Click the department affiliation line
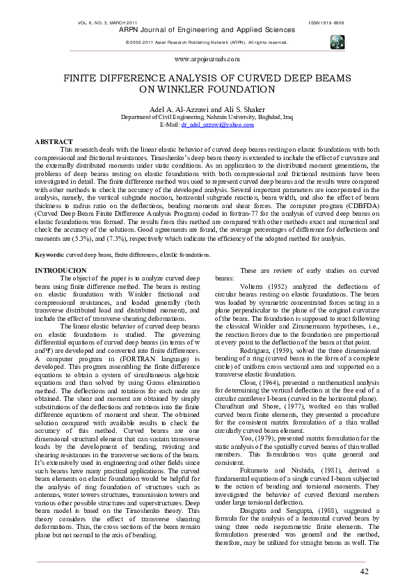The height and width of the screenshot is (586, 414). (x=207, y=118)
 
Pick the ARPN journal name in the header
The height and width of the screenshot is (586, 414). (x=207, y=31)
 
